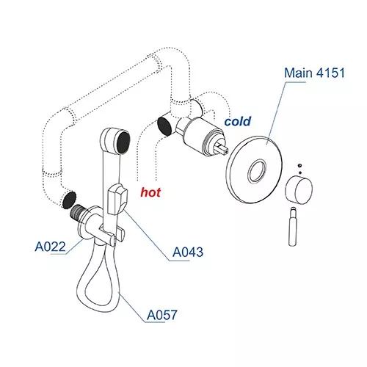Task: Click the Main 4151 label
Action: click(x=314, y=73)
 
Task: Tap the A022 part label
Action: click(x=51, y=247)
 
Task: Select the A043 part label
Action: click(x=188, y=252)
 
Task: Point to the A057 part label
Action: click(x=161, y=315)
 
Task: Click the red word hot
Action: click(x=150, y=192)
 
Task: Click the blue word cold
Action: click(x=238, y=121)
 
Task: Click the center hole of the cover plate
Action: click(x=257, y=171)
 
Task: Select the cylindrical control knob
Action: click(x=299, y=189)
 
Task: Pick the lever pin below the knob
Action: click(x=293, y=226)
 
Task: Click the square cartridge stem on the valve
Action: click(x=222, y=148)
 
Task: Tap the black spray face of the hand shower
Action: click(x=123, y=142)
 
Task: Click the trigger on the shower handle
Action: click(x=117, y=200)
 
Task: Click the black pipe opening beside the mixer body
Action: click(x=165, y=126)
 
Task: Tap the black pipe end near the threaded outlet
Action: click(x=69, y=200)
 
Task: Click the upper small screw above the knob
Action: click(x=300, y=166)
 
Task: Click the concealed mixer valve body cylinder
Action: click(x=200, y=135)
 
